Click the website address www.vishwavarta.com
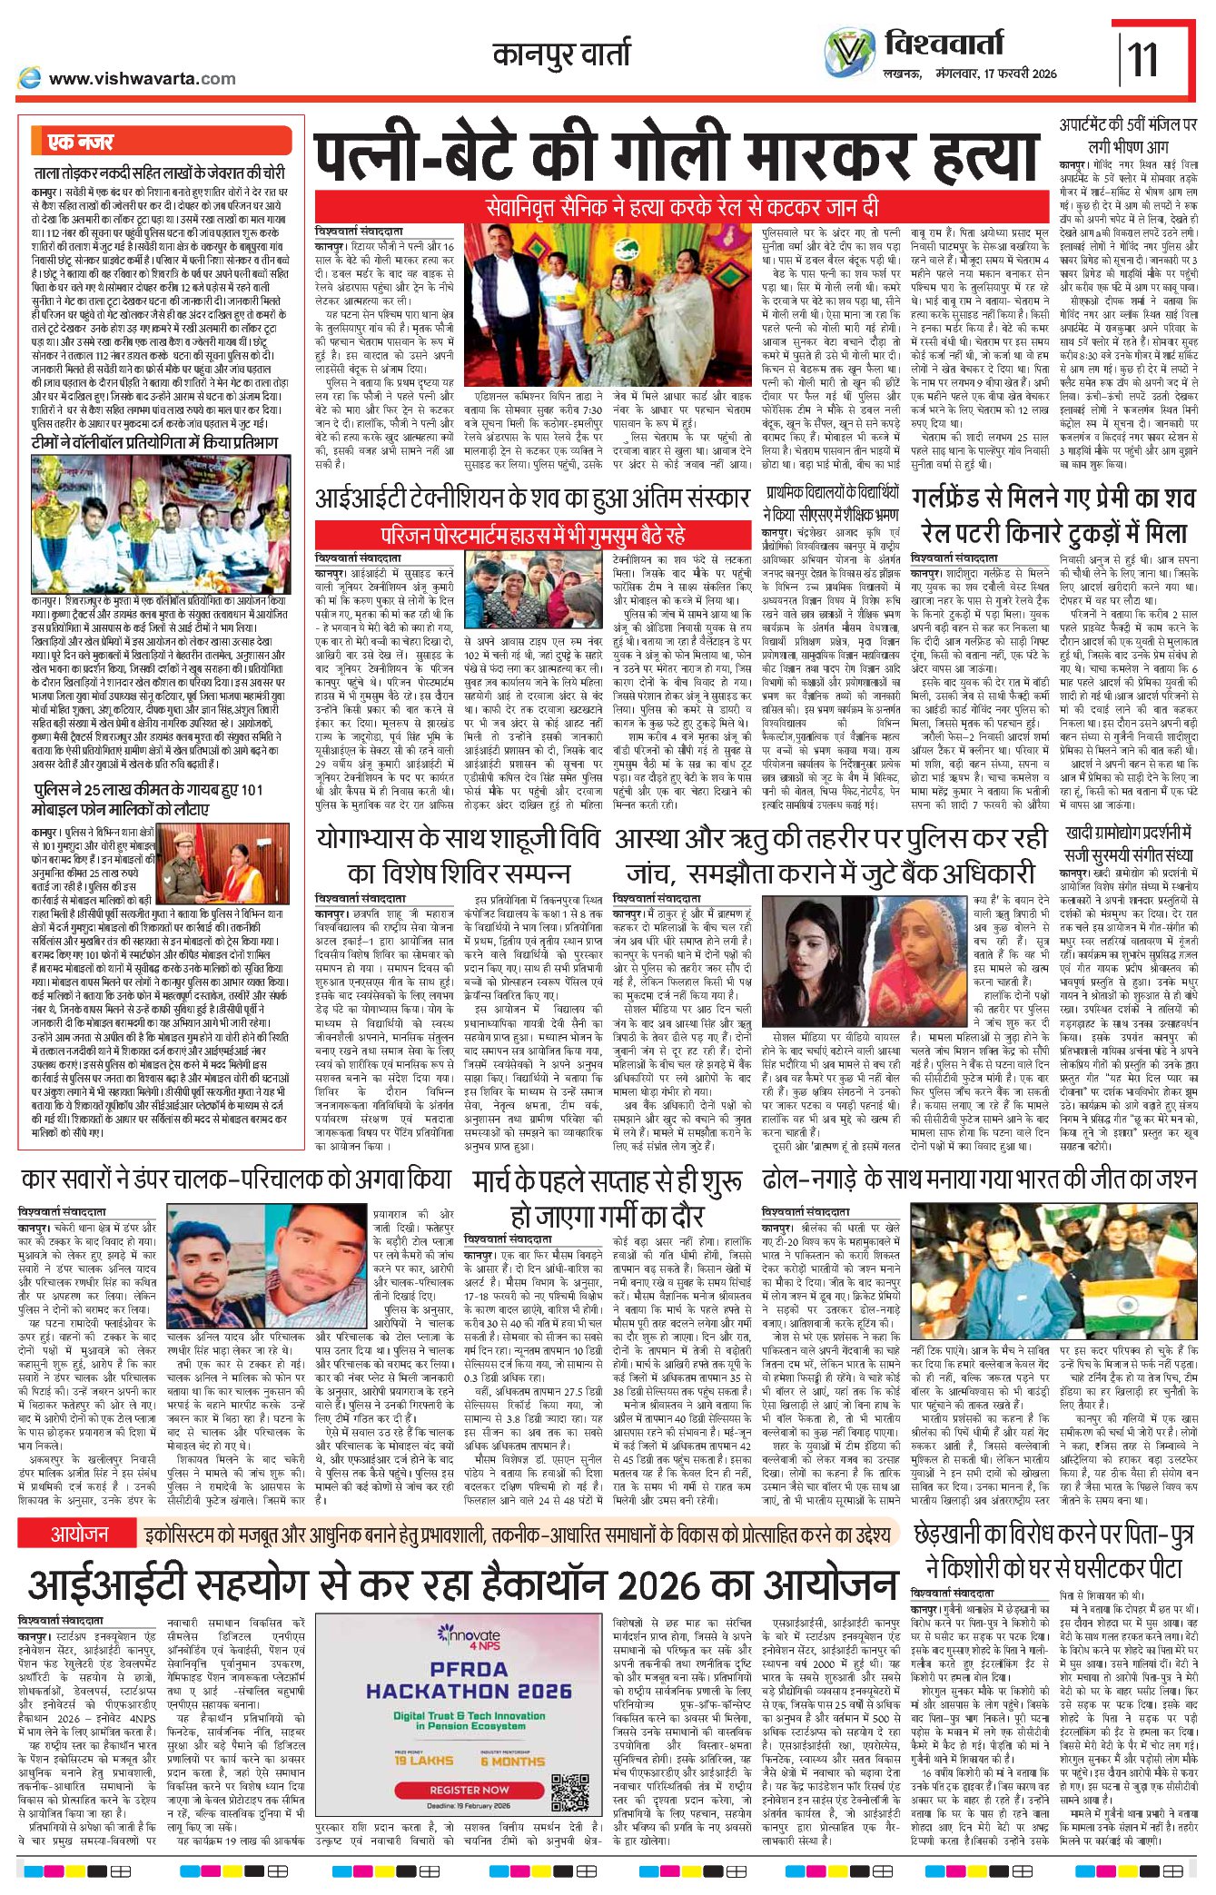click(x=142, y=79)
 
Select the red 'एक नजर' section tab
click(x=82, y=143)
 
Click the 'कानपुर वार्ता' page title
click(x=561, y=54)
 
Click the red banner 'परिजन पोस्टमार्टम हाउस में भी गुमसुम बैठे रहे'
click(x=532, y=533)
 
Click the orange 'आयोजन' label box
click(x=79, y=1535)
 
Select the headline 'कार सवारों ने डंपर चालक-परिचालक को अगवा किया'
click(x=236, y=1179)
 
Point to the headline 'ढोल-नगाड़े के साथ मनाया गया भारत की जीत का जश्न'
click(x=978, y=1179)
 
